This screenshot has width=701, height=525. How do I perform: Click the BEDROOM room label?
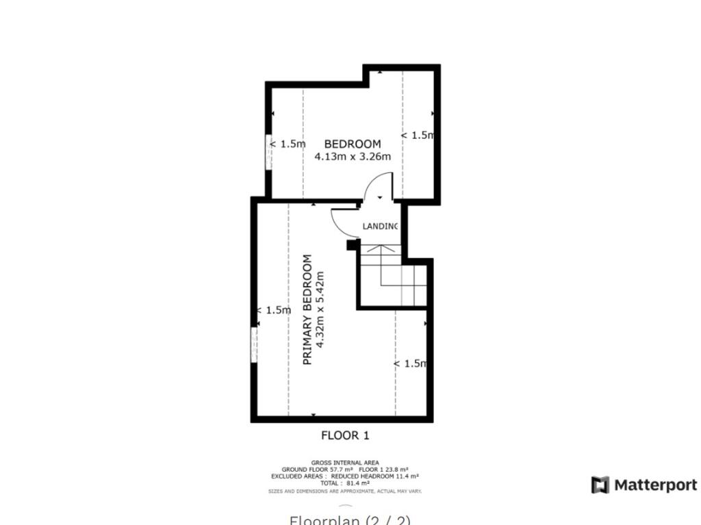352,144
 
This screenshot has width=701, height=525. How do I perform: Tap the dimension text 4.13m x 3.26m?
353,157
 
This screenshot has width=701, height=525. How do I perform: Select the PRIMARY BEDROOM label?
307,309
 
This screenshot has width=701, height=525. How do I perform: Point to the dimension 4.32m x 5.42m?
319,309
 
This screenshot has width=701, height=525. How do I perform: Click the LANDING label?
380,227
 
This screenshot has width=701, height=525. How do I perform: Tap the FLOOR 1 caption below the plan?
345,435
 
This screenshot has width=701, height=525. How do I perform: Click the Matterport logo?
644,485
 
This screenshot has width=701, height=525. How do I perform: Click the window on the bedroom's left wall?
269,151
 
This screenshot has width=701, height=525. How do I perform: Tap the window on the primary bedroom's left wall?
255,344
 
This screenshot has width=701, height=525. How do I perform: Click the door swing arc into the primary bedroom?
342,222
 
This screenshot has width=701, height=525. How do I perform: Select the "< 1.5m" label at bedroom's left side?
287,144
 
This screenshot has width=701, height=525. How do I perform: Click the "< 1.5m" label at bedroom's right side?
418,136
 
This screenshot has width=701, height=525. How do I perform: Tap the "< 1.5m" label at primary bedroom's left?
274,310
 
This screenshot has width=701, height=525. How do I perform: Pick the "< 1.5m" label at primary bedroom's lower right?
410,363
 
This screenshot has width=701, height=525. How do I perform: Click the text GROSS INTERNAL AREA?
345,463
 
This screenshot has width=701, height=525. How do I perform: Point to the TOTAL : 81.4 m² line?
345,483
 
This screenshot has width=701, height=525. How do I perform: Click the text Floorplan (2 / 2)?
350,520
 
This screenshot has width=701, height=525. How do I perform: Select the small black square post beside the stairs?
353,244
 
